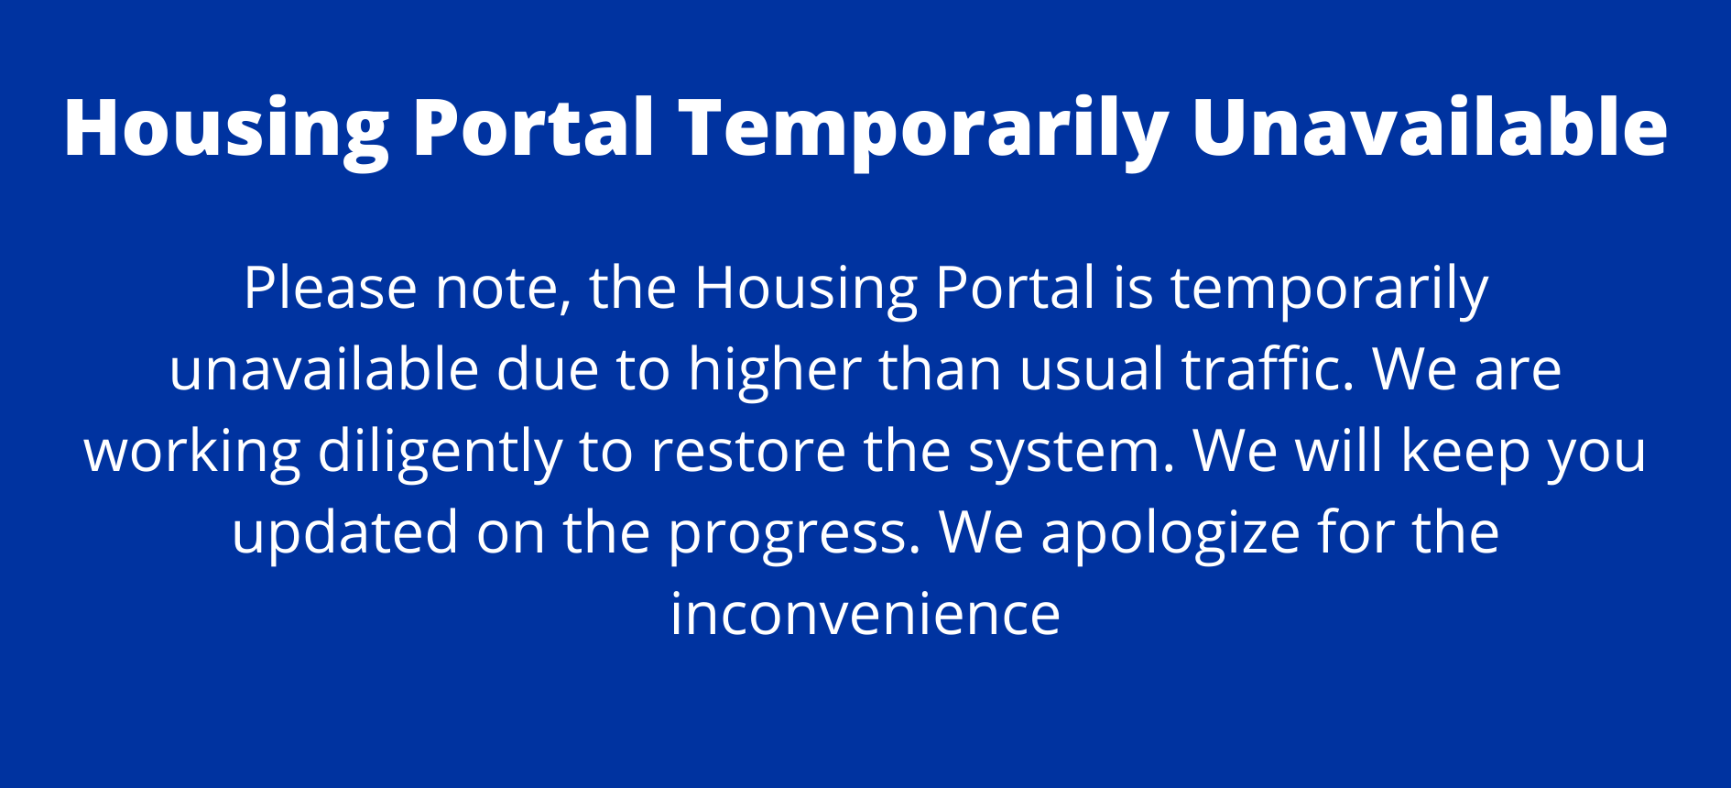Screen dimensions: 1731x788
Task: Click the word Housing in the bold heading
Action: (x=227, y=130)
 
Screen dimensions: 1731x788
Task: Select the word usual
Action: (x=1091, y=368)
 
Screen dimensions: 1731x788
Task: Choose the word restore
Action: (x=747, y=451)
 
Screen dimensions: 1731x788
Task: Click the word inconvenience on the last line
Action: (x=865, y=613)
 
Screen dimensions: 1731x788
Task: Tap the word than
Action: (x=941, y=368)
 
